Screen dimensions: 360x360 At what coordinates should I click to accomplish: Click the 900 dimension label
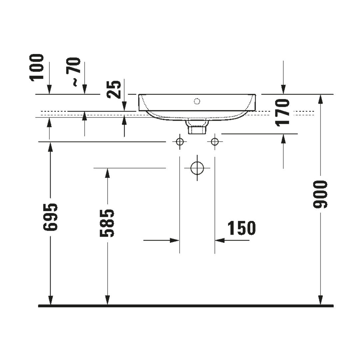[320, 194]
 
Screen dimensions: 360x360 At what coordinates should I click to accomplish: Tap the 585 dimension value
[107, 223]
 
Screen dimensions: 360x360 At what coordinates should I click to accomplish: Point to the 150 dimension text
[242, 228]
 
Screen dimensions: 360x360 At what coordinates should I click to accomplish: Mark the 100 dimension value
[37, 67]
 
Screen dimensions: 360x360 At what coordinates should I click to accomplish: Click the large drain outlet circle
[197, 168]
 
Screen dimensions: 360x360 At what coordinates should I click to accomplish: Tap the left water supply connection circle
[180, 142]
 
